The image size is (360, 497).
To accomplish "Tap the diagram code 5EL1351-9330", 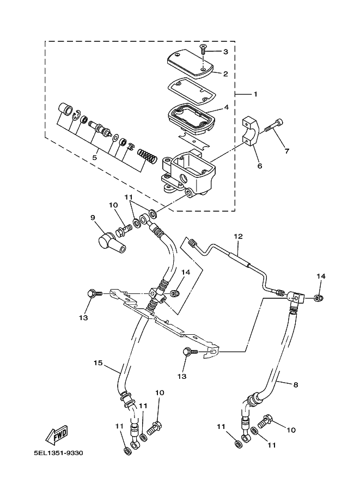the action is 58,453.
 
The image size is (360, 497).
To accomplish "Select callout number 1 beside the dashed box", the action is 255,94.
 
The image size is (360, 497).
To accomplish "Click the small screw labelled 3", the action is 202,49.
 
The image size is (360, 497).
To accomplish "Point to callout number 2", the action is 225,74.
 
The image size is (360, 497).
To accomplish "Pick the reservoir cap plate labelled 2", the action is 190,62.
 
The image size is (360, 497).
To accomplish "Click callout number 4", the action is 226,107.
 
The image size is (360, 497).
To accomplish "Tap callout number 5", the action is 94,157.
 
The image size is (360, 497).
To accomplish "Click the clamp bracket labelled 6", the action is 251,132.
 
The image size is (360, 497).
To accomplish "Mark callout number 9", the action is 93,217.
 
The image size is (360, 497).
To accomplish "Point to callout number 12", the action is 238,236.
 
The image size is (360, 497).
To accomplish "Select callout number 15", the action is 98,363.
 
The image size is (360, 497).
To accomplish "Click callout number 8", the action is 296,384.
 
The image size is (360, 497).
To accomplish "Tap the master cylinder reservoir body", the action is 187,173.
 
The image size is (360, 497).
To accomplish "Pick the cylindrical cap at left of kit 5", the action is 65,111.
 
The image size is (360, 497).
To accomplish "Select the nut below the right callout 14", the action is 319,298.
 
